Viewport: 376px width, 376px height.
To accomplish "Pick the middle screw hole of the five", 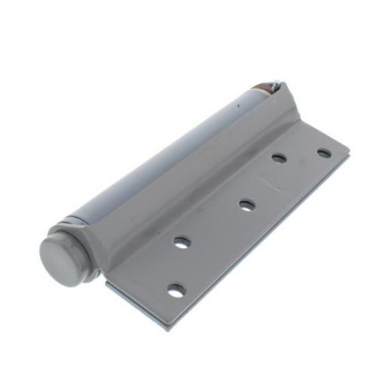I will (246, 204).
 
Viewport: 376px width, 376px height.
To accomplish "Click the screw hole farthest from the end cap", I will (323, 152).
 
